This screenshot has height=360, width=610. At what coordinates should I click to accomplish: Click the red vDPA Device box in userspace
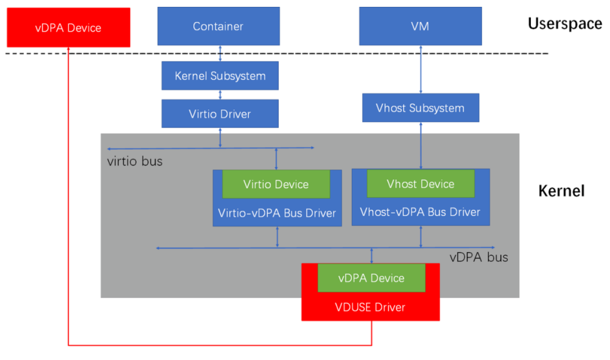[x=68, y=27]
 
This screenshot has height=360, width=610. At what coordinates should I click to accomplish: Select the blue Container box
[x=218, y=26]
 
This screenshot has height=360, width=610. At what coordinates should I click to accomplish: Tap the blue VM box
[x=420, y=26]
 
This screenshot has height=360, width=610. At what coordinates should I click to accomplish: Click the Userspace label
[x=565, y=23]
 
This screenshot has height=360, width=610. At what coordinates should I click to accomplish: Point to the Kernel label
[x=561, y=191]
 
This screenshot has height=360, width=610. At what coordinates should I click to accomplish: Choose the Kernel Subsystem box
[x=220, y=76]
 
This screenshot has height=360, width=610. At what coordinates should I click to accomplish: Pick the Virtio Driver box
[x=220, y=114]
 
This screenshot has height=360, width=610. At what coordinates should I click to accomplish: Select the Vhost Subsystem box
[x=420, y=108]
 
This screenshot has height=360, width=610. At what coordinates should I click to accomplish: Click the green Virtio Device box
[x=276, y=184]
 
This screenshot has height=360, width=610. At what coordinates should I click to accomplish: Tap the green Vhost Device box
[x=420, y=184]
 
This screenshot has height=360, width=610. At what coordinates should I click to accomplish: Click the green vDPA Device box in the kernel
[x=371, y=278]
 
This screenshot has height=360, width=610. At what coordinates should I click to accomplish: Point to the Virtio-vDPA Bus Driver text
[x=277, y=213]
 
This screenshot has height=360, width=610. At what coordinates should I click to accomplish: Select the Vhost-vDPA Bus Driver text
[x=420, y=212]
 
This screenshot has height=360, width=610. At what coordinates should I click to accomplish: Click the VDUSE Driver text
[x=370, y=307]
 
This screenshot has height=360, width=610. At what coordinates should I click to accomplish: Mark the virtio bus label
[x=135, y=161]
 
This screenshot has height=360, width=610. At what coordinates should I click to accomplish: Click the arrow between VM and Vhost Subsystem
[x=421, y=69]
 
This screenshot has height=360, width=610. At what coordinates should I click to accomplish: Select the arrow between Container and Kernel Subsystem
[x=221, y=53]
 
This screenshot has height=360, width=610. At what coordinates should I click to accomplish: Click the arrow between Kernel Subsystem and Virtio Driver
[x=221, y=95]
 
